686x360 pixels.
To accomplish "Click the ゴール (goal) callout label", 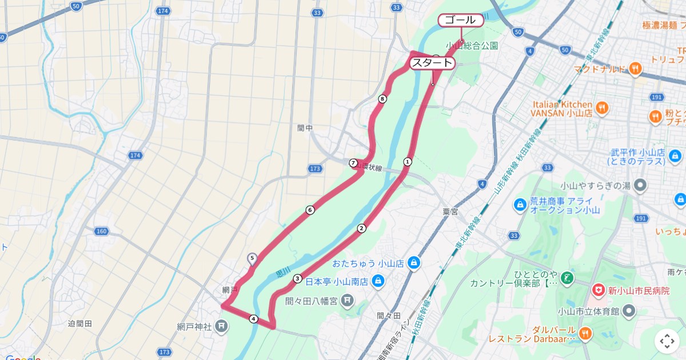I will [x=460, y=20].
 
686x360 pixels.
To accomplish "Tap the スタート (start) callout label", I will [x=432, y=63].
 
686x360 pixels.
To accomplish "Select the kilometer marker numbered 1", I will [x=408, y=162].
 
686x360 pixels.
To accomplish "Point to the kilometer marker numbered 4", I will [x=253, y=319].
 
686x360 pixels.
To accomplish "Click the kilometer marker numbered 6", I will [x=310, y=210].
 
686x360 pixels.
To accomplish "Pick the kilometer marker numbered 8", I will [x=382, y=99].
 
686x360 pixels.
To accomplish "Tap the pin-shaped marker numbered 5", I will [x=252, y=259].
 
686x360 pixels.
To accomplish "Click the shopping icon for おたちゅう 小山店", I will [x=414, y=263].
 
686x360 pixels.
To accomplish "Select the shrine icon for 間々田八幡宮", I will [x=348, y=299].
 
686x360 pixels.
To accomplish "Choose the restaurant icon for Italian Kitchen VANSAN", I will [x=601, y=108].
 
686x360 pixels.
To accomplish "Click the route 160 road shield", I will [x=102, y=231].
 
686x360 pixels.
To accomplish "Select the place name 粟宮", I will [x=450, y=211].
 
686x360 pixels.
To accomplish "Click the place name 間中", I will [x=305, y=128].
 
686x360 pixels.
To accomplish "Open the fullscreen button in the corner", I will [x=667, y=341].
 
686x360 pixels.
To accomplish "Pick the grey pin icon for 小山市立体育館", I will [x=629, y=311].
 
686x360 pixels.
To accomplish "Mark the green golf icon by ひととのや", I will [x=567, y=278].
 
